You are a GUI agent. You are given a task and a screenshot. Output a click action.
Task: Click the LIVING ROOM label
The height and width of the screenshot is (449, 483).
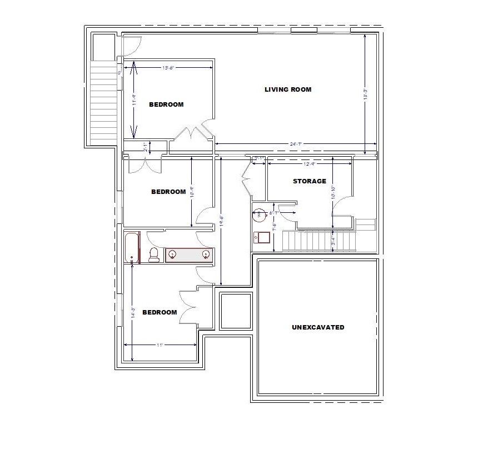287,89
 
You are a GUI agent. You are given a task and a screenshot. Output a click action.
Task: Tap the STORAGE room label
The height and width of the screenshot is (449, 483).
309,181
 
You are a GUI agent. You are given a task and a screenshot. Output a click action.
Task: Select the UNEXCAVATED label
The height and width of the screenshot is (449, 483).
317,327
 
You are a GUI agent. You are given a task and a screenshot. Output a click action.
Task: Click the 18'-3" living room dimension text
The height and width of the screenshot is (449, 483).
365,92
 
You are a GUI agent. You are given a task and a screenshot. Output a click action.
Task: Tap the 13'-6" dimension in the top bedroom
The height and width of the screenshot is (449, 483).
168,68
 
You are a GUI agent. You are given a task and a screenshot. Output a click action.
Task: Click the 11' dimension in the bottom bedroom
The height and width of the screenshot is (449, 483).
160,345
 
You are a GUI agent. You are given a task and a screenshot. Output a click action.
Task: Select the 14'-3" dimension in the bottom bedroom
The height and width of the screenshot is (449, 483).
132,312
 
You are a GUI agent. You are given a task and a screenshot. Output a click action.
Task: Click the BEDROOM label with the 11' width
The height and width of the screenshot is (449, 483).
160,312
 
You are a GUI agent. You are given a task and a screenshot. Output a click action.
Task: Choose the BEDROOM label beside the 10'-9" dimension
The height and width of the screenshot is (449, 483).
168,192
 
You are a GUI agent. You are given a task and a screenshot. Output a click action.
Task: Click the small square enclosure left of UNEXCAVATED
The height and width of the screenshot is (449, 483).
237,311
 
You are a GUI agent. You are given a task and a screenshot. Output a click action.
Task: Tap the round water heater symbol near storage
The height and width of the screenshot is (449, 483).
260,213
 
